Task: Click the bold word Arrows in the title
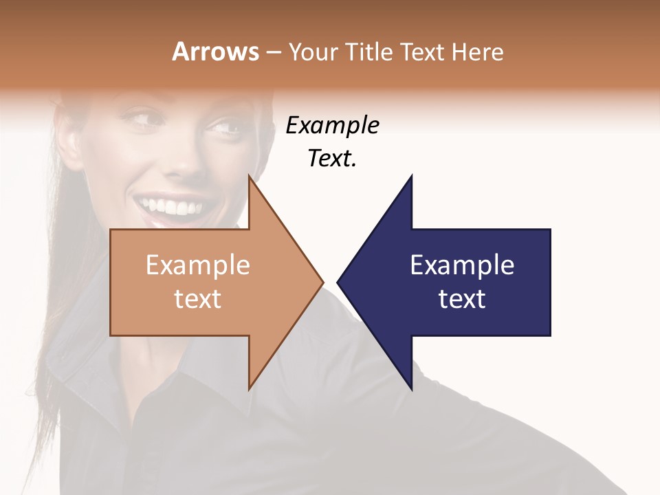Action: click(x=215, y=52)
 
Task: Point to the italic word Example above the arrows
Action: click(x=332, y=126)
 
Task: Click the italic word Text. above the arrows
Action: click(x=332, y=159)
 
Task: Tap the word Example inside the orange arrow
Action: click(x=197, y=265)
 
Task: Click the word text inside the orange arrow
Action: click(x=197, y=299)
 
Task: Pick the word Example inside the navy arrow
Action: click(x=462, y=265)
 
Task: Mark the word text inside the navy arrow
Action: click(x=462, y=299)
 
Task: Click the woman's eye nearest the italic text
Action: click(x=223, y=127)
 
